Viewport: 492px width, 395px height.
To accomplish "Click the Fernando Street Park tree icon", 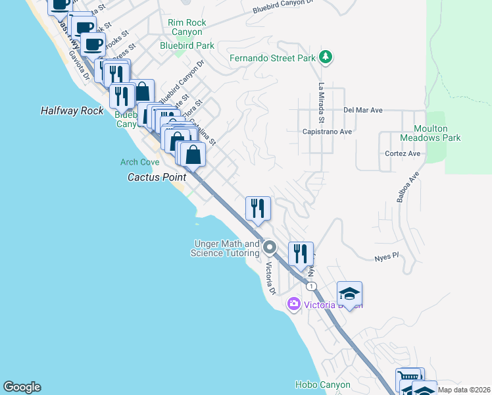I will (x=325, y=58).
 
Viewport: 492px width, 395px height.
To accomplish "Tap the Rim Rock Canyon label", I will (x=187, y=27).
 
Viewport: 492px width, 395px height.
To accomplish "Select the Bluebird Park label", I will (x=187, y=45).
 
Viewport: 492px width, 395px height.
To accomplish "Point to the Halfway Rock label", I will (x=72, y=111).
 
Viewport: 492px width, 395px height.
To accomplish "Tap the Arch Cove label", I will (x=139, y=162).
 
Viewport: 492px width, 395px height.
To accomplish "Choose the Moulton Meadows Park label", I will (x=430, y=134).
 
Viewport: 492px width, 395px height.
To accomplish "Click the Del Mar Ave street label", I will (x=362, y=111).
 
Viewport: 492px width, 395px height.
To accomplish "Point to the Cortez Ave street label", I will (x=403, y=153).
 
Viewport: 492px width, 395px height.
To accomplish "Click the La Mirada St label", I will (x=322, y=103).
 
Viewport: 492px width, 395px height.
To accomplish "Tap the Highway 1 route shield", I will (x=311, y=286).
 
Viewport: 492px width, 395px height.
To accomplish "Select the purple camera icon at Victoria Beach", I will (x=293, y=304).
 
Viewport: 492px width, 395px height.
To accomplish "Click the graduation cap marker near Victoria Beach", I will (x=349, y=293).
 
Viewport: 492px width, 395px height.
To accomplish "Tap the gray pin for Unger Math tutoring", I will (x=270, y=248).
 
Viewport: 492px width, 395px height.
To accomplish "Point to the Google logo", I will (x=22, y=387).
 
